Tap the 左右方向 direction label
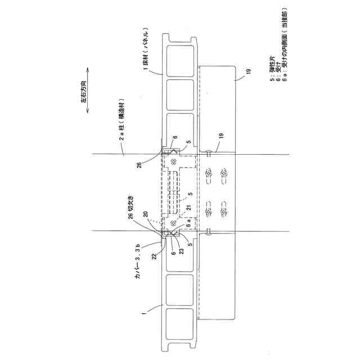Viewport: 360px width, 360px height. point(84,93)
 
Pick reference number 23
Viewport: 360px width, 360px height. point(181,244)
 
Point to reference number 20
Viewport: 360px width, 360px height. point(147,214)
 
